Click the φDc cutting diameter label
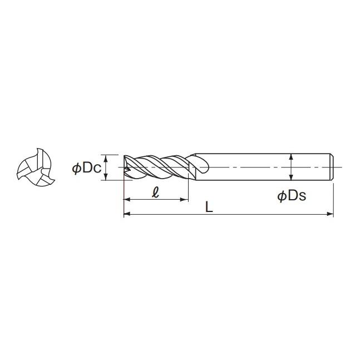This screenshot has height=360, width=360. coord(87,168)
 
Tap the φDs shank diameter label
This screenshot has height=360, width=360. coord(292,196)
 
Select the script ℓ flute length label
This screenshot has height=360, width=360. coord(156,192)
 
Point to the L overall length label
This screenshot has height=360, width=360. coord(209,207)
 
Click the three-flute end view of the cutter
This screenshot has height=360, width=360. coord(36,167)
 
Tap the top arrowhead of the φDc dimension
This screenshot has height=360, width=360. coord(106,159)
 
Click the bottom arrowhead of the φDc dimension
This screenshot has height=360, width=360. coord(106,177)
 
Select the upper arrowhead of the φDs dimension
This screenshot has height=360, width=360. coord(291,157)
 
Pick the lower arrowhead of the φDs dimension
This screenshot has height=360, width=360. coord(291,177)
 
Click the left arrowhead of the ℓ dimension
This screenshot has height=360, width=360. coord(127,199)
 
